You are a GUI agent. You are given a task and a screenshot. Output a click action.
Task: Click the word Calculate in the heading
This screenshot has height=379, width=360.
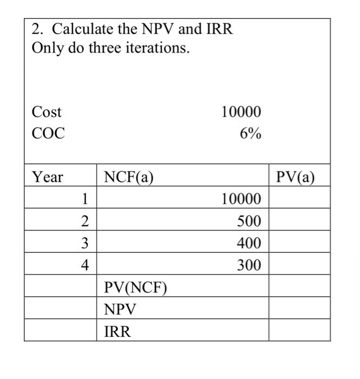78,29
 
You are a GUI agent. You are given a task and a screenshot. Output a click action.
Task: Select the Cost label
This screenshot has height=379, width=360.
47,112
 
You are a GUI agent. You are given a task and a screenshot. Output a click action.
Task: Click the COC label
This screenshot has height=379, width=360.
49,133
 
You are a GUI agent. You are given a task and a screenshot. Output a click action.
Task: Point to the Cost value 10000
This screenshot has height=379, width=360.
241,112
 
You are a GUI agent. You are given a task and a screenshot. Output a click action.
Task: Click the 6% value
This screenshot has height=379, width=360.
251,134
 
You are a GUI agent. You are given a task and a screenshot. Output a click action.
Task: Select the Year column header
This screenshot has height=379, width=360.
48,177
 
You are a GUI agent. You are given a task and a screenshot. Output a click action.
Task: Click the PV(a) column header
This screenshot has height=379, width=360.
296,177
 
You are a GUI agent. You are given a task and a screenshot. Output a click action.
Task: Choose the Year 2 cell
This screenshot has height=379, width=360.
84,220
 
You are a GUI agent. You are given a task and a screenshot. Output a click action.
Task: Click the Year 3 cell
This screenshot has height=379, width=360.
84,243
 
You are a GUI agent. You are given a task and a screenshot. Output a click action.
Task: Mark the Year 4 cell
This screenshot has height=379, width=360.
84,265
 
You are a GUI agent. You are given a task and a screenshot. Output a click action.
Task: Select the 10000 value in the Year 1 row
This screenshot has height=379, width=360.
241,199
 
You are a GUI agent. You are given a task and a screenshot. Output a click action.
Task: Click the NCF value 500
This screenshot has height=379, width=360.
249,221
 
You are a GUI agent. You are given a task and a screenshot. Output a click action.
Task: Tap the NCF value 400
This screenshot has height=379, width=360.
249,243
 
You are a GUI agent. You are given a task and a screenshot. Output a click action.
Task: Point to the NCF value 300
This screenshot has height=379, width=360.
249,265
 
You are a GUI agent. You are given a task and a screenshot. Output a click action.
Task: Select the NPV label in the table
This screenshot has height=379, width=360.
120,309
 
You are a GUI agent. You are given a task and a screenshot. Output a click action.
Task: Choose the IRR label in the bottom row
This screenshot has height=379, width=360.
117,331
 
